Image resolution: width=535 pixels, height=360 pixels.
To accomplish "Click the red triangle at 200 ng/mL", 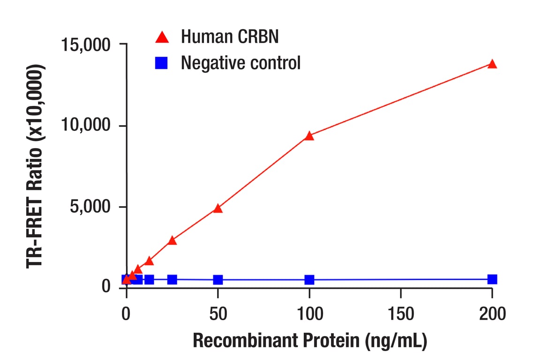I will pyautogui.click(x=492, y=64).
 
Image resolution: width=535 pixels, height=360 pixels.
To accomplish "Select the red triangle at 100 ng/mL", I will pyautogui.click(x=309, y=136).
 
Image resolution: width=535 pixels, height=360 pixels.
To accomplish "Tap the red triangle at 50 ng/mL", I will pyautogui.click(x=218, y=208).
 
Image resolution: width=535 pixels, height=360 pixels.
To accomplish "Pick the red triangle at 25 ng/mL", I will pyautogui.click(x=172, y=240).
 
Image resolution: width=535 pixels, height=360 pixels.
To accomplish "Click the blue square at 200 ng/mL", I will pyautogui.click(x=492, y=279).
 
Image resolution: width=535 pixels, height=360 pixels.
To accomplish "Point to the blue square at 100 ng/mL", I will pyautogui.click(x=309, y=280).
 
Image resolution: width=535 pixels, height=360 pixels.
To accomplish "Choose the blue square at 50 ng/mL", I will pyautogui.click(x=218, y=280).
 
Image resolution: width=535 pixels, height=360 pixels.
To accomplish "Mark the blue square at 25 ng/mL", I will pyautogui.click(x=172, y=279).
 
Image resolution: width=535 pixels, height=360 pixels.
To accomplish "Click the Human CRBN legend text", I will pyautogui.click(x=229, y=37).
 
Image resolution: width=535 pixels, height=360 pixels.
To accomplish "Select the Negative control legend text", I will pyautogui.click(x=241, y=62).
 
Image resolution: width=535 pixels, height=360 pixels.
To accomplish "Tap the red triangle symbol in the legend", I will pyautogui.click(x=162, y=36).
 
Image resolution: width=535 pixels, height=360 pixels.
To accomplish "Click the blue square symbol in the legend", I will pyautogui.click(x=162, y=62).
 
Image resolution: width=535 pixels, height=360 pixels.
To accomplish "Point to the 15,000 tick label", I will pyautogui.click(x=86, y=45).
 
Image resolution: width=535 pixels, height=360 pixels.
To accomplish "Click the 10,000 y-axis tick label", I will pyautogui.click(x=86, y=126).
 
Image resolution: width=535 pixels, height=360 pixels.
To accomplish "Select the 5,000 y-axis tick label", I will pyautogui.click(x=90, y=207).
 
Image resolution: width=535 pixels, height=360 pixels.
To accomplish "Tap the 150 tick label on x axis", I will pyautogui.click(x=400, y=314).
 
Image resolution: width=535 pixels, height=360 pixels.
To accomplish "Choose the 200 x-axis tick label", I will pyautogui.click(x=492, y=314).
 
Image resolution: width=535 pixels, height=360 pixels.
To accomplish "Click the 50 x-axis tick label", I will pyautogui.click(x=218, y=314).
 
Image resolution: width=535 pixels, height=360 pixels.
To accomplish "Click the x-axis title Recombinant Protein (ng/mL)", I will pyautogui.click(x=309, y=341).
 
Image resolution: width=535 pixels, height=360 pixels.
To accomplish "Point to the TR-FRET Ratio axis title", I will pyautogui.click(x=36, y=166).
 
